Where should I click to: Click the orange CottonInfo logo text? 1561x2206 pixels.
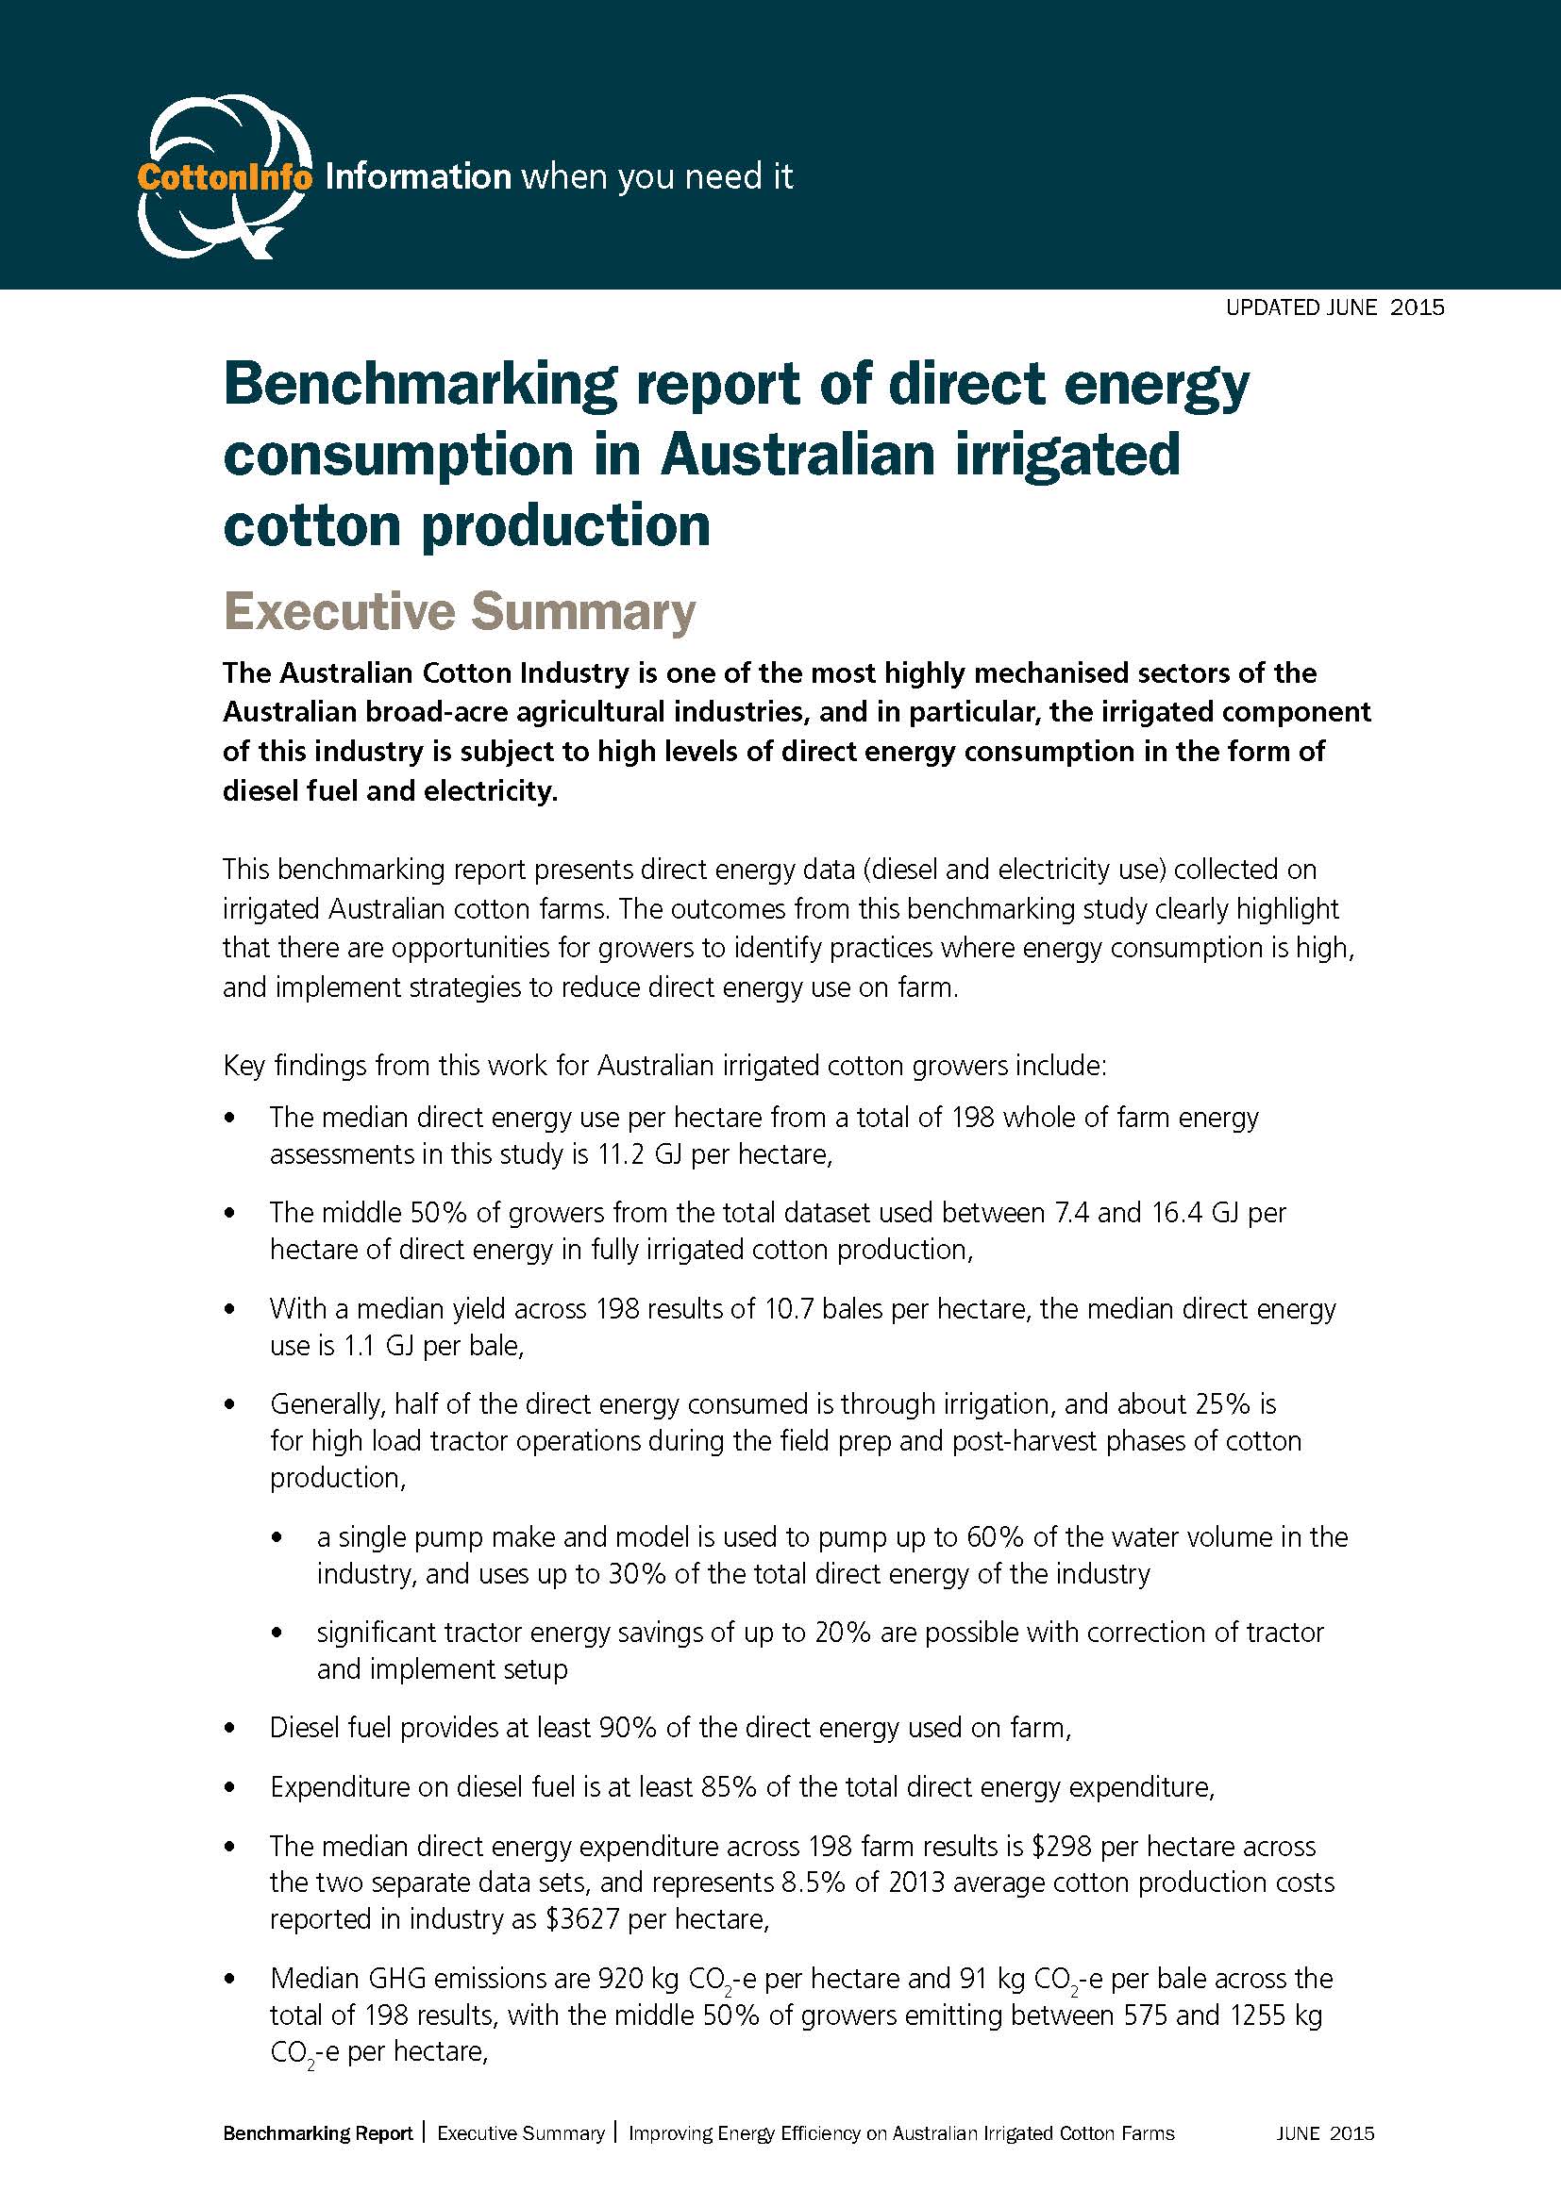224,176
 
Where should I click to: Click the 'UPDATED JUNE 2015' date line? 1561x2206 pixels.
1334,307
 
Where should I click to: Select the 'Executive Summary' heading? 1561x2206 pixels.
460,612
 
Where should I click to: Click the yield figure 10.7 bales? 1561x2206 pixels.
651,1309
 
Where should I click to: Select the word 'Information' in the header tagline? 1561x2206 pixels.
418,176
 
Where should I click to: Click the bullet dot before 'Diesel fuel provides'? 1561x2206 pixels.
228,1729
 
